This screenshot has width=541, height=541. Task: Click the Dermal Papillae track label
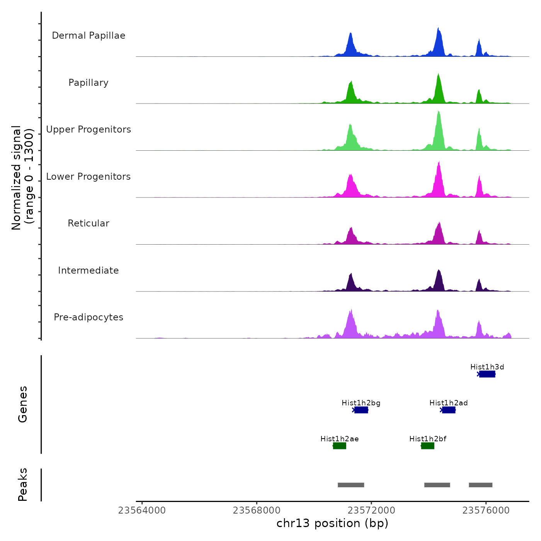[x=88, y=36]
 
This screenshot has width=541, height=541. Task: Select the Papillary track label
[x=88, y=83]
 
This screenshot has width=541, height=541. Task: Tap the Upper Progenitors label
[x=88, y=129]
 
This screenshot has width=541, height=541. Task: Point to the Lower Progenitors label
[x=88, y=177]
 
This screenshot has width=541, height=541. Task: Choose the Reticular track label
[x=88, y=223]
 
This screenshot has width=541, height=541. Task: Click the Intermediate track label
[x=88, y=270]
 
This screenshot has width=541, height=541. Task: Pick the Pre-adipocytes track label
[x=88, y=317]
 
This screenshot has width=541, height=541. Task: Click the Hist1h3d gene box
[x=487, y=374]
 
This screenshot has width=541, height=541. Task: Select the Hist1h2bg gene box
[x=361, y=410]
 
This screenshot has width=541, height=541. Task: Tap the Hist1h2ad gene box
[x=449, y=410]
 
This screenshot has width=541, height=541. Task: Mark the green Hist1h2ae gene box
[x=340, y=446]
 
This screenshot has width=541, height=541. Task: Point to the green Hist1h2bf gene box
[x=428, y=446]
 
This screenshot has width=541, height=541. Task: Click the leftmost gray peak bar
[x=351, y=485]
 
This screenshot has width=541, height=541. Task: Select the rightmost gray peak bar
[x=481, y=485]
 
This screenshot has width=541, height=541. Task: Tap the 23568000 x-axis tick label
[x=257, y=510]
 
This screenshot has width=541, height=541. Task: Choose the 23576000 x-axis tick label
[x=486, y=510]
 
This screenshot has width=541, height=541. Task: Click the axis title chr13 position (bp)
[x=332, y=523]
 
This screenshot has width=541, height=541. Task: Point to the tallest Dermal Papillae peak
[x=438, y=29]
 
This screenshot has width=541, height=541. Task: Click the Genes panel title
[x=23, y=404]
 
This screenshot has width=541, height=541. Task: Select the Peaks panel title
[x=23, y=485]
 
